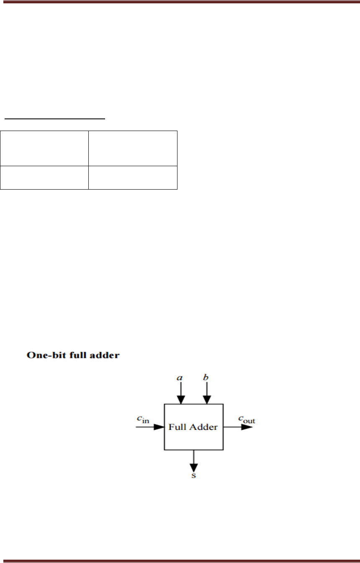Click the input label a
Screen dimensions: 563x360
180,378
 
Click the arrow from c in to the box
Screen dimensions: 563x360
150,427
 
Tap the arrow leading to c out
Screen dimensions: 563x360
238,427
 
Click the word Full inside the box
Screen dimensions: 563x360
177,427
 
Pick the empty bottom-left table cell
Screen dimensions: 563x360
44,177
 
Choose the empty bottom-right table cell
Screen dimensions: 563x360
133,177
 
